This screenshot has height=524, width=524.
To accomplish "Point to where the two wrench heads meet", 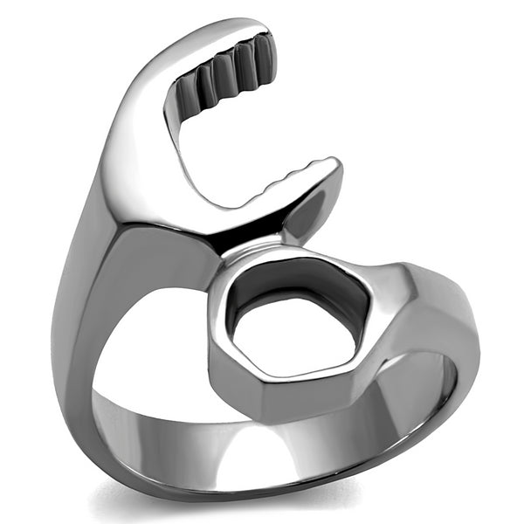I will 253,245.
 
